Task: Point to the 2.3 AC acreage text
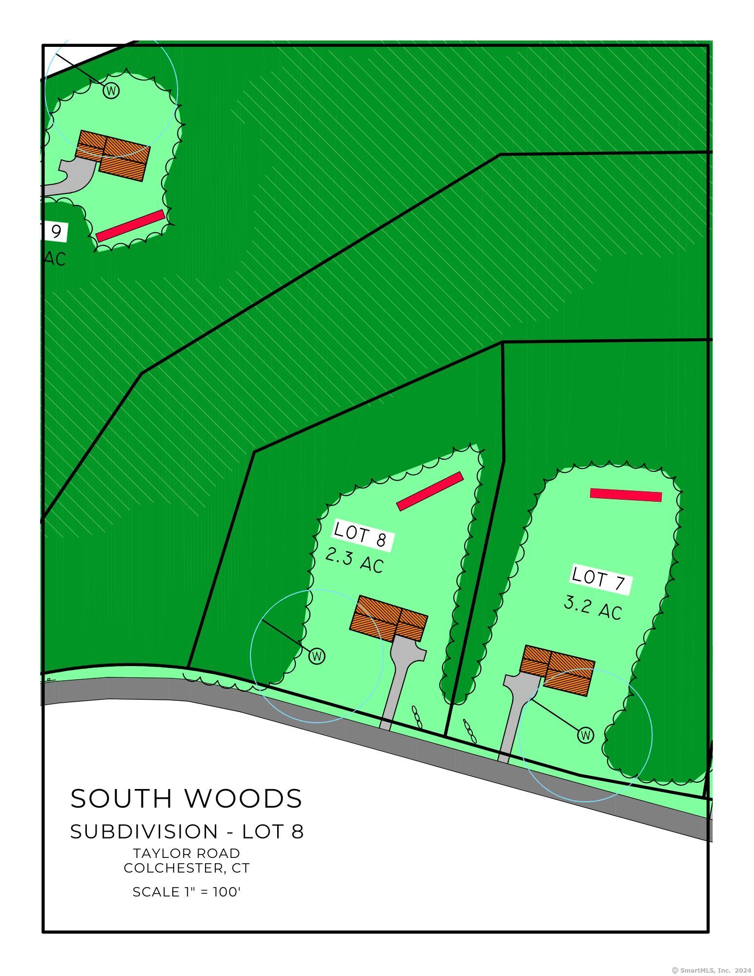[x=354, y=560]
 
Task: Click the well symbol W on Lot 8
[x=317, y=656]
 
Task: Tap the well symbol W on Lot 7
[x=586, y=735]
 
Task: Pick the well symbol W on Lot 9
[x=111, y=91]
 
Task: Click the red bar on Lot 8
[x=429, y=491]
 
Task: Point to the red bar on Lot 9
[x=130, y=226]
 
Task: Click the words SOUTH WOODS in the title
[x=186, y=799]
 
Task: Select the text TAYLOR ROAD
[x=186, y=853]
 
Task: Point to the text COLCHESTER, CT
[x=186, y=868]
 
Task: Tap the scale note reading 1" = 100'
[x=186, y=892]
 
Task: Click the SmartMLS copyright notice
[x=712, y=971]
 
